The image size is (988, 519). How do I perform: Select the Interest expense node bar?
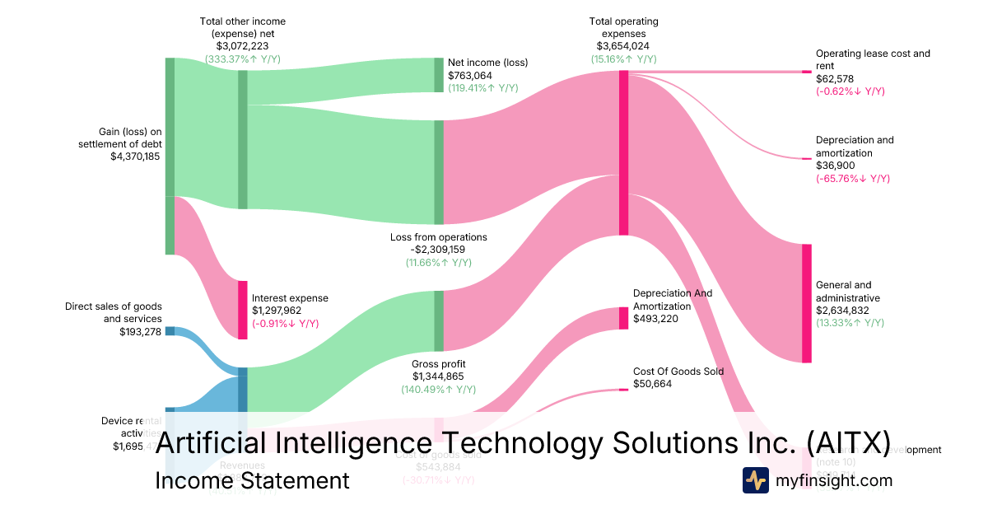[x=243, y=310]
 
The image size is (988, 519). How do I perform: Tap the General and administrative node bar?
[x=807, y=302]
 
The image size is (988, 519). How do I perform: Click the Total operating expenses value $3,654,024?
[x=624, y=46]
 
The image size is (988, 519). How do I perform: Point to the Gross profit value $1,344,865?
[x=438, y=376]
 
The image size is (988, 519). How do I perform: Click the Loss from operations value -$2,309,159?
[x=438, y=250]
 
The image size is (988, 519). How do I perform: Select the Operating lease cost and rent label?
[x=873, y=59]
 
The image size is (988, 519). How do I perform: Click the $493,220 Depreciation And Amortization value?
[x=655, y=319]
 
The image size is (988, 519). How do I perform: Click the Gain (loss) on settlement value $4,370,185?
[x=136, y=156]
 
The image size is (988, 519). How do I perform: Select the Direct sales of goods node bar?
[x=170, y=331]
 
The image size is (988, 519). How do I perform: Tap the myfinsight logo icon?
[x=755, y=480]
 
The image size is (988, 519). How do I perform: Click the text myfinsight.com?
[x=834, y=480]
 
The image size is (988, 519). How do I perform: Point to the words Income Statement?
[x=252, y=480]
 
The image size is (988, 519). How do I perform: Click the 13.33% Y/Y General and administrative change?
[x=851, y=323]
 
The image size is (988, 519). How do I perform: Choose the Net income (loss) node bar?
[x=439, y=75]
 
